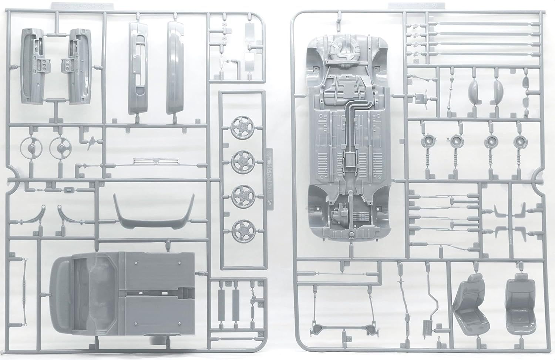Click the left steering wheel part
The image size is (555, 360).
tap(29, 147)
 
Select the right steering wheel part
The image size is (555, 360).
tap(59, 147)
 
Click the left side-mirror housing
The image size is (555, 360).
tap(474, 89)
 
